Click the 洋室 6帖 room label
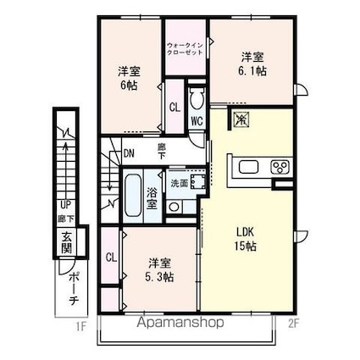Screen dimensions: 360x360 point(129,78)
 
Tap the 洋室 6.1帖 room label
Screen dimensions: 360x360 point(251,64)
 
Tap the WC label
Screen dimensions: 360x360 point(196,121)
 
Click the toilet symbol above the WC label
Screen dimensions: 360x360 point(197,100)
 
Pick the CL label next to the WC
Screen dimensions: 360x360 point(174,108)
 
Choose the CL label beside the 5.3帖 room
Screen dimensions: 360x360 point(111,258)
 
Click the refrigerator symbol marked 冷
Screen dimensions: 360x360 point(240,120)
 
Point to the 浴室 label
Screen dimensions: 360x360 point(152,197)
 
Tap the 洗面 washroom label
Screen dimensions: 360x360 point(179,183)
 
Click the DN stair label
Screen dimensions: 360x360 point(129,153)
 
